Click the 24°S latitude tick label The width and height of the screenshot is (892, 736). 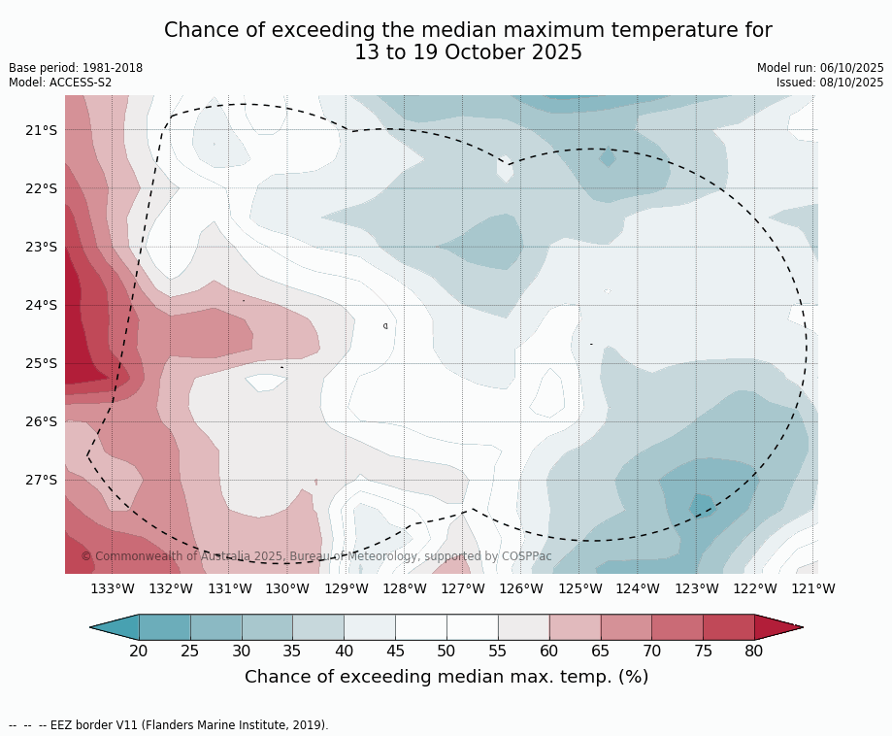(40, 305)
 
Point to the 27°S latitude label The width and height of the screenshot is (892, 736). (40, 480)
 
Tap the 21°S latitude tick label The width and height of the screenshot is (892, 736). (40, 130)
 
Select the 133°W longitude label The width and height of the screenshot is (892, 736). (113, 588)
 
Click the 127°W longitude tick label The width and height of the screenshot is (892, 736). (463, 588)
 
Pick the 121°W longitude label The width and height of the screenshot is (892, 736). (813, 588)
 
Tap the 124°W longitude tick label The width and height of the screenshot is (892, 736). (638, 588)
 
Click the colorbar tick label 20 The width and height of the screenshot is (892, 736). (139, 651)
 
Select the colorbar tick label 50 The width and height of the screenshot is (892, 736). (446, 651)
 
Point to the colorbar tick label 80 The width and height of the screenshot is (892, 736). (754, 651)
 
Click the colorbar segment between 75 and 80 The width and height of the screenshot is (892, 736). (729, 627)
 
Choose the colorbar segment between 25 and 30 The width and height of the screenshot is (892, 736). (216, 627)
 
